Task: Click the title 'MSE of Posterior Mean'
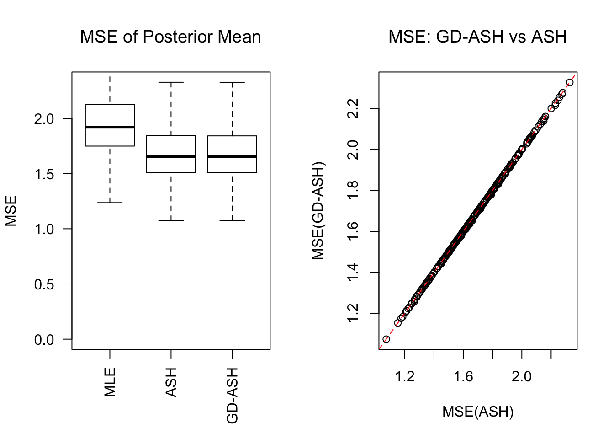[x=170, y=37]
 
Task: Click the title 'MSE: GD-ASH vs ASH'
[x=477, y=37]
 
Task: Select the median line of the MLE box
[x=110, y=127]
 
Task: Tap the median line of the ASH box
[x=171, y=156]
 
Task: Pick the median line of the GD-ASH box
[x=232, y=157]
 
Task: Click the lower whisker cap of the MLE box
[x=110, y=203]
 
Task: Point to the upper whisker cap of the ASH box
[x=171, y=82]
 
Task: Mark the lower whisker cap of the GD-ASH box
[x=232, y=221]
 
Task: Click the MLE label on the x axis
[x=110, y=382]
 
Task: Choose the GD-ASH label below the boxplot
[x=233, y=396]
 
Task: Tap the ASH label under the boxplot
[x=171, y=382]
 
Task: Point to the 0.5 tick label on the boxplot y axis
[x=44, y=284]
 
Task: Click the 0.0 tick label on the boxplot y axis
[x=44, y=340]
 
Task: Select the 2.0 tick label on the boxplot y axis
[x=44, y=119]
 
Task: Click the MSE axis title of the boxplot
[x=11, y=211]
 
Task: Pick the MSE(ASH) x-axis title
[x=478, y=412]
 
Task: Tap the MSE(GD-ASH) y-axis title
[x=318, y=211]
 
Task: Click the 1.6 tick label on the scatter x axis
[x=463, y=377]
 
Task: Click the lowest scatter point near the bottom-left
[x=386, y=339]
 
